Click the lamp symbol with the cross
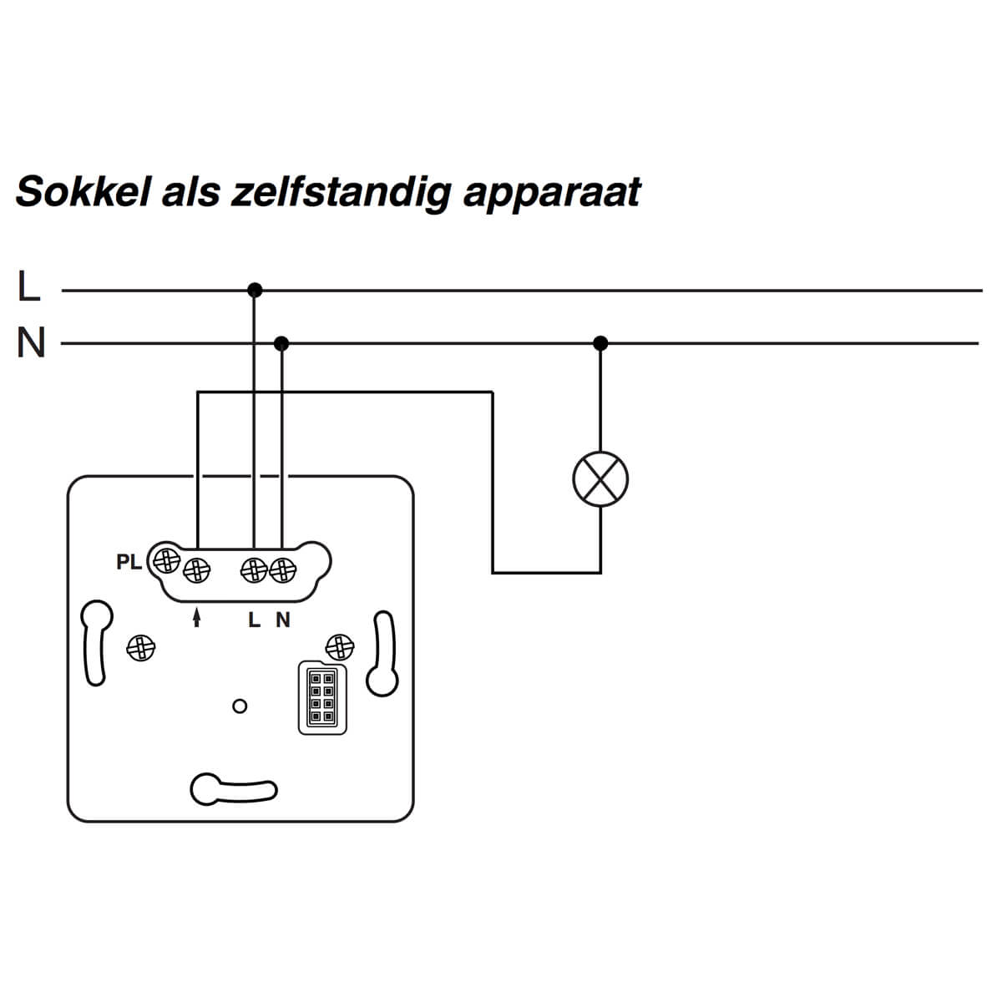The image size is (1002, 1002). (600, 479)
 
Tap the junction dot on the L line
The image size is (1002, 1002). (255, 291)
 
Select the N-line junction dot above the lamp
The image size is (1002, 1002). (600, 342)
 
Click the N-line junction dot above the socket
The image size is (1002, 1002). (281, 343)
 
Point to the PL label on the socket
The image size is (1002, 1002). (129, 563)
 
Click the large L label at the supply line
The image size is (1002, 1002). (29, 286)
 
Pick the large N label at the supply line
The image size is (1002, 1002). (31, 342)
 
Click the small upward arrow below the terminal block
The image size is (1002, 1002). (197, 617)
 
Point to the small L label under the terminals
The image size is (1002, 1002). (255, 620)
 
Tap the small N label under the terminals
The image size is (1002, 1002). (283, 620)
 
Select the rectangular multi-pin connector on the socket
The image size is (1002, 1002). (322, 698)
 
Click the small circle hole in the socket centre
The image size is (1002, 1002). (240, 706)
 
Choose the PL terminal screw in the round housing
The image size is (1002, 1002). (166, 560)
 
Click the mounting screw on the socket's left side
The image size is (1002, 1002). (140, 647)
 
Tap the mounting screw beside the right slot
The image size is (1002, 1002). (339, 645)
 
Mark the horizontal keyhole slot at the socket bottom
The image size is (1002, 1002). (234, 789)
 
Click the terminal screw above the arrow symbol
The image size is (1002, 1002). (198, 571)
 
